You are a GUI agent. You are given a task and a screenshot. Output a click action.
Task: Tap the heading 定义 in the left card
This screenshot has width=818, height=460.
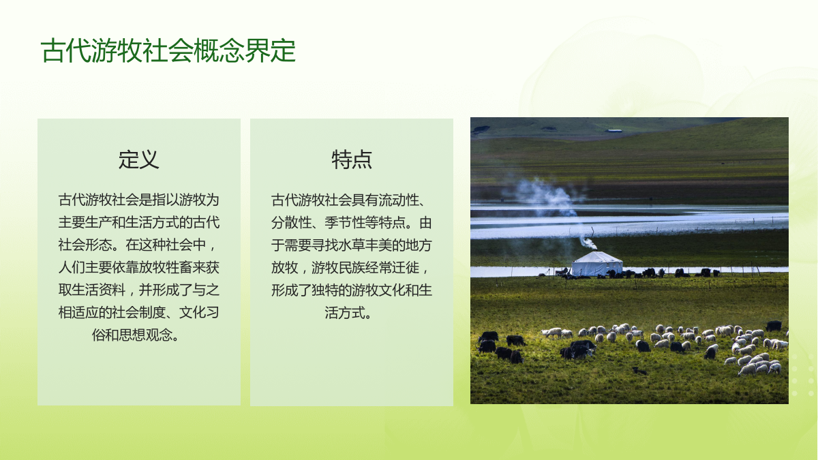pos(139,159)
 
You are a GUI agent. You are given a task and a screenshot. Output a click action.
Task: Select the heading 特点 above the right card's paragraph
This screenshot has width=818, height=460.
pos(352,159)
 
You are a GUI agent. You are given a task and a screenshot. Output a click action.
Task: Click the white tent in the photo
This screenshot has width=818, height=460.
pos(596,264)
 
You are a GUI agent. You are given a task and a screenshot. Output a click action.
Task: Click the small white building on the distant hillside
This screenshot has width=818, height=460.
pos(613,130)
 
